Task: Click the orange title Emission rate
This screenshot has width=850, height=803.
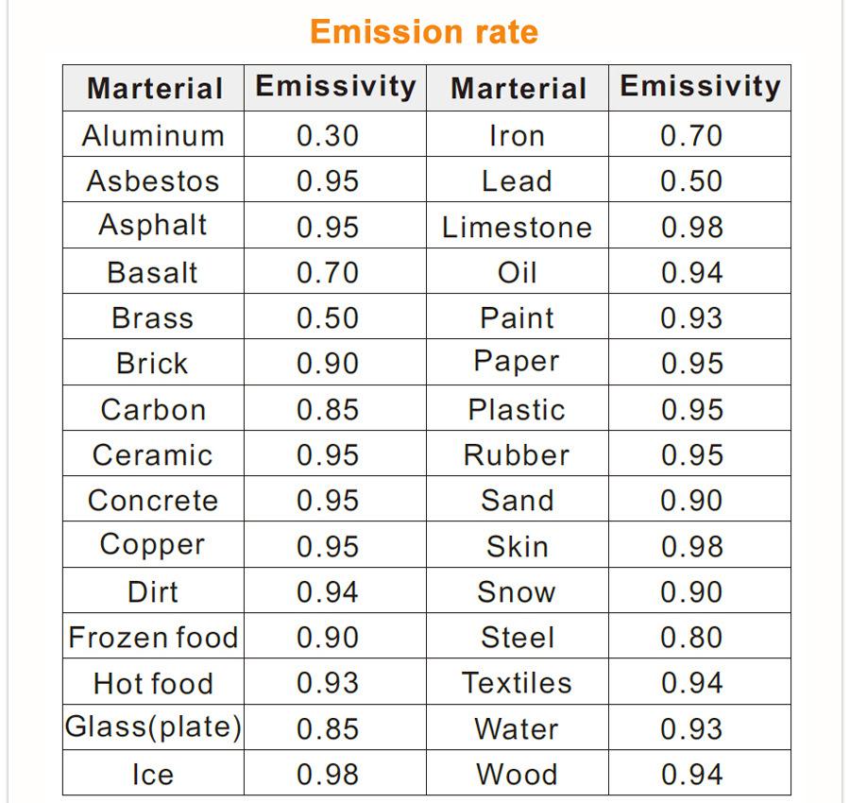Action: (424, 32)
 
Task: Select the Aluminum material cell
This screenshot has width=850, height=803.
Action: (153, 136)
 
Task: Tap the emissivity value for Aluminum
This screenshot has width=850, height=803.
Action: (327, 136)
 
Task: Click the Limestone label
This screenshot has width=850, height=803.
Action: (517, 228)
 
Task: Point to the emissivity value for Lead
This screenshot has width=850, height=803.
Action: (691, 181)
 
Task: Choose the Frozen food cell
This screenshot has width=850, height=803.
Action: (153, 638)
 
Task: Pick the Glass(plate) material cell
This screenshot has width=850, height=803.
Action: (153, 727)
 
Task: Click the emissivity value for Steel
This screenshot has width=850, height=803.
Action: (691, 638)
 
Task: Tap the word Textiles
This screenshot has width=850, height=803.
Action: (517, 683)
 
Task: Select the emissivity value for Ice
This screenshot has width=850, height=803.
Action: (327, 775)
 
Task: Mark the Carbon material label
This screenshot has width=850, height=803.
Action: (153, 410)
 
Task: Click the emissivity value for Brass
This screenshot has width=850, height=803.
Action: (327, 318)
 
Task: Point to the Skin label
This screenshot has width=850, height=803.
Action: (517, 547)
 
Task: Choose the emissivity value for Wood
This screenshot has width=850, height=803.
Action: (691, 775)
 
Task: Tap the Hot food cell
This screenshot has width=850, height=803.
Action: (153, 683)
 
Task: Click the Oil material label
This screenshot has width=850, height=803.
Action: (517, 273)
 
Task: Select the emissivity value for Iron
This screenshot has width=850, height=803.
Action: (691, 136)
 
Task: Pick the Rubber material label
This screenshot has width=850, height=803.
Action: (517, 455)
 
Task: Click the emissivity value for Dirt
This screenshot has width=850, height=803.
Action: (327, 592)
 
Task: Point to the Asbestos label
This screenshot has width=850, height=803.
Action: (153, 181)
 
